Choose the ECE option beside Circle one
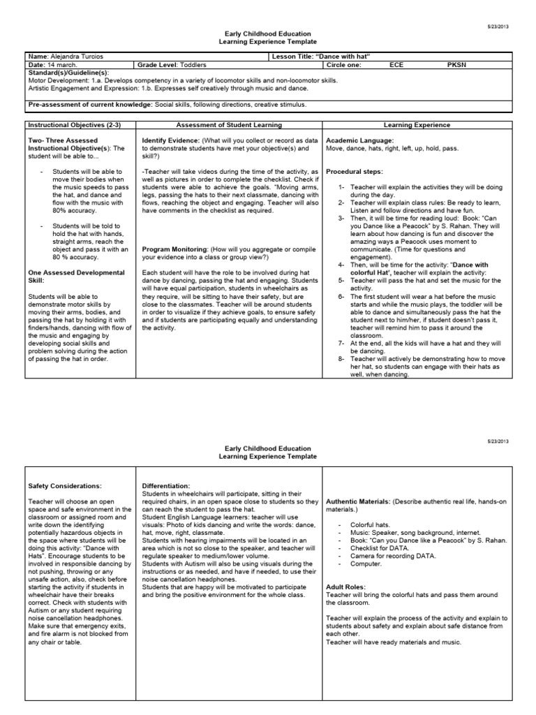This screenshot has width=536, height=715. (396, 64)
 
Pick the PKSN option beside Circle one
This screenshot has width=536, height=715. (454, 64)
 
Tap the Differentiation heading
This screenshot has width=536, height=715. (165, 485)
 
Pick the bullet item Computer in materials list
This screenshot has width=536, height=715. (368, 563)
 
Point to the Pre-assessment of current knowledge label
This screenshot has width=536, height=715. (81, 104)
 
